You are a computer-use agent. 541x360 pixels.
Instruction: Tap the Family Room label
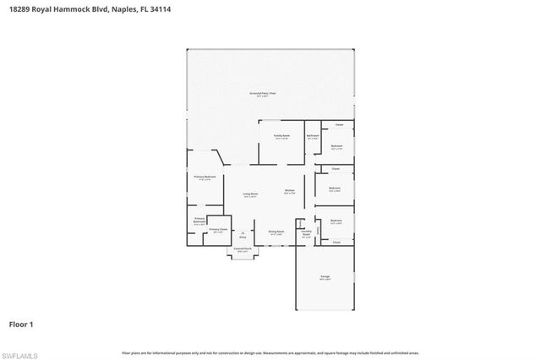tap(281, 136)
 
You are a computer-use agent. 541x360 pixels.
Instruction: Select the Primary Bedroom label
tap(205, 177)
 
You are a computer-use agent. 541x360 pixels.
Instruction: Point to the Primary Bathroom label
tap(199, 221)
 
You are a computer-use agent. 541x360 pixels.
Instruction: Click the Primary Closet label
tap(217, 230)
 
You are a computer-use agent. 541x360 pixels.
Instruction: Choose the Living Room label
tap(250, 195)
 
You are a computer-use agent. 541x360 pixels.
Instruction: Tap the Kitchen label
tap(289, 191)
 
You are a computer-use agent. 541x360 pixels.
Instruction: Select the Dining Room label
tap(276, 232)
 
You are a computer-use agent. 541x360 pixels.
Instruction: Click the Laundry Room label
tap(306, 233)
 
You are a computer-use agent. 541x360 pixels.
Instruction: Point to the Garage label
tap(325, 277)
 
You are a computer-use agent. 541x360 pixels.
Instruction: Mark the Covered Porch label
tap(243, 249)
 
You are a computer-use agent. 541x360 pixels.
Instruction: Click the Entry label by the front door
tap(243, 237)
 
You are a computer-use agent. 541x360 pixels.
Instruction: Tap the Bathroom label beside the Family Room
tap(313, 136)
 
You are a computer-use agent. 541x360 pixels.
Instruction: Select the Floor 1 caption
tap(21, 324)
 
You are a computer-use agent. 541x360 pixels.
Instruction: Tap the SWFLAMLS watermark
tap(21, 352)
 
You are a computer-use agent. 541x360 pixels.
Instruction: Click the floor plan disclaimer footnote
tap(270, 352)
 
